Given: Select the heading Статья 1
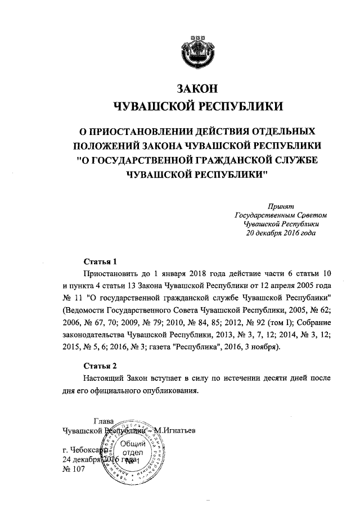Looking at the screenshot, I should click(x=100, y=262).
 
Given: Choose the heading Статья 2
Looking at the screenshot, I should click(x=100, y=365).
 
